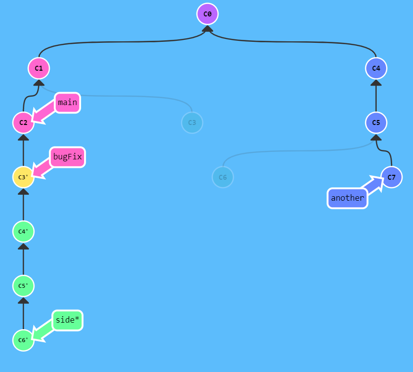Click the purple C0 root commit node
(x=207, y=14)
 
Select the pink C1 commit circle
(x=39, y=68)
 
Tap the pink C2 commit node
(x=23, y=123)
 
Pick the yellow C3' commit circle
(x=23, y=177)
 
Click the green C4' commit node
(x=23, y=231)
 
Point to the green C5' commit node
(x=23, y=286)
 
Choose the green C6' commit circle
(x=23, y=340)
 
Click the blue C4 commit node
(x=376, y=68)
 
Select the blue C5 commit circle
(x=376, y=123)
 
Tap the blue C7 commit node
(x=392, y=177)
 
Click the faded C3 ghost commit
(x=192, y=123)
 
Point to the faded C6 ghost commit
(x=223, y=177)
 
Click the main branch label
(x=67, y=103)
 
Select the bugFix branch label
(x=67, y=157)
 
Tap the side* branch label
(x=67, y=320)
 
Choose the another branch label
(x=347, y=198)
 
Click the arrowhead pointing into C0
(x=207, y=29)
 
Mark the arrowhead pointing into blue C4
(x=376, y=83)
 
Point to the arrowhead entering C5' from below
(x=23, y=300)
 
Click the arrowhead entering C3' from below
(x=23, y=192)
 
